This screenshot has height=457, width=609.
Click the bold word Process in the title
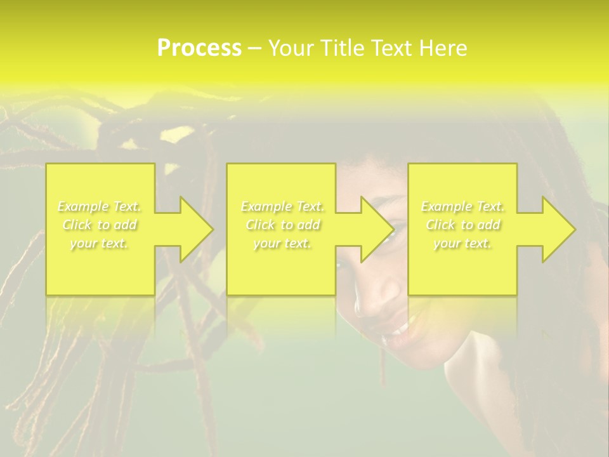click(x=199, y=48)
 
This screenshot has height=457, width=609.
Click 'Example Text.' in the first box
click(x=100, y=206)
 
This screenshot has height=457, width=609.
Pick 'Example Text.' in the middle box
click(x=282, y=206)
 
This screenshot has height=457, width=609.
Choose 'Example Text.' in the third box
click(x=462, y=206)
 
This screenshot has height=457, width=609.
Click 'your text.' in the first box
click(x=100, y=243)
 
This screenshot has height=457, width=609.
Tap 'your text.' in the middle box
click(x=282, y=243)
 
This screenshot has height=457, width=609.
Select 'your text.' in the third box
click(x=462, y=243)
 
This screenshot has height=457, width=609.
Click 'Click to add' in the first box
click(x=100, y=225)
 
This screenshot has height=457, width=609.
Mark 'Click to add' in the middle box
click(x=282, y=225)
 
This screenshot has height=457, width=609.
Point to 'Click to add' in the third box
click(x=462, y=225)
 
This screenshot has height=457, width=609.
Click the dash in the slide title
click(x=255, y=49)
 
